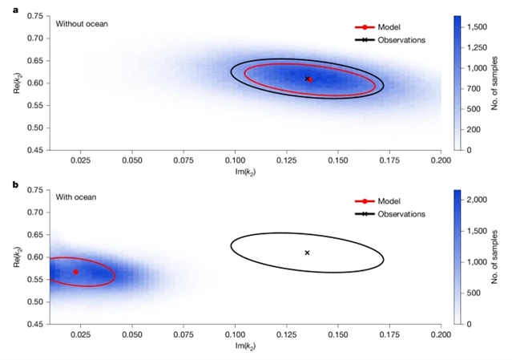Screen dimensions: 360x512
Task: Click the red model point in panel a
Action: [311, 79]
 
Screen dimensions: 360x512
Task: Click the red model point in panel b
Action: [76, 272]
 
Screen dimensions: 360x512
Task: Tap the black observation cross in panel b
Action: [307, 253]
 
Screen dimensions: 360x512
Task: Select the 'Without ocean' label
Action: [82, 23]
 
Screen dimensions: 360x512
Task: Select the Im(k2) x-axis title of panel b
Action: [244, 347]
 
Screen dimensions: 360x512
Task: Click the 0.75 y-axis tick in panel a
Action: [34, 16]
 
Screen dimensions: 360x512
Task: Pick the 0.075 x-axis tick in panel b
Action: [183, 336]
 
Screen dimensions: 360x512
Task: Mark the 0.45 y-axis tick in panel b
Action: [34, 324]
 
